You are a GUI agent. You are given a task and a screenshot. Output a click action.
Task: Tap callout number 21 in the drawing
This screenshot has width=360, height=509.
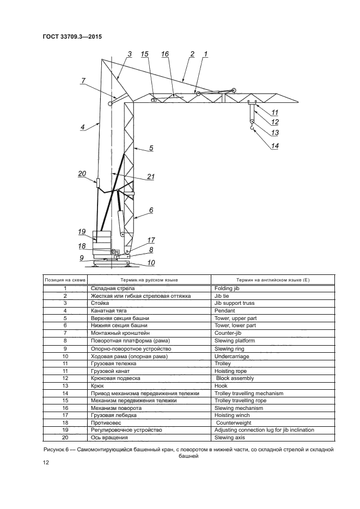coord(151,176)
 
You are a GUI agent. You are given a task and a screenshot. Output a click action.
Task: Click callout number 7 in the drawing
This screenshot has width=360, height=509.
coord(83,81)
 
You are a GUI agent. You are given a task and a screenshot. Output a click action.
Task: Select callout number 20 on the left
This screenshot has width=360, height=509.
coord(82,174)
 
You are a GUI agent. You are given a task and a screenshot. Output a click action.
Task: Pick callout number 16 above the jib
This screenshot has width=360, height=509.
coord(165,54)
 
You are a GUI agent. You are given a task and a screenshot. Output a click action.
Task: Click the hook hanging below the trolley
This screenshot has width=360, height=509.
coord(252,128)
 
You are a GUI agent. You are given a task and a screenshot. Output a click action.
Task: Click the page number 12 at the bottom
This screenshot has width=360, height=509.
coord(46,463)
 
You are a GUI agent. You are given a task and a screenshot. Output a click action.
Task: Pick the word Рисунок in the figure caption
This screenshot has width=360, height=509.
coord(54,450)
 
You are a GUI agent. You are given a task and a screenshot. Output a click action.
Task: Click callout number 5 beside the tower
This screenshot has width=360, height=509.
coord(151,148)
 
